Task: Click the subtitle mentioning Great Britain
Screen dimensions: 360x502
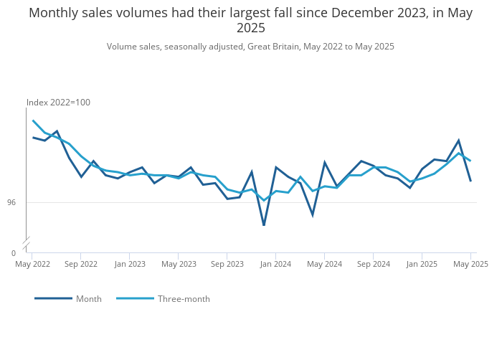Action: point(250,47)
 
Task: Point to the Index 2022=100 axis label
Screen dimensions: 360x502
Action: point(58,103)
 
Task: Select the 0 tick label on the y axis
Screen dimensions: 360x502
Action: point(13,253)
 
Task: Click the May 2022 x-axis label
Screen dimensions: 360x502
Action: point(33,264)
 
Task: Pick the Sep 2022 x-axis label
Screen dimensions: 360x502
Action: point(81,264)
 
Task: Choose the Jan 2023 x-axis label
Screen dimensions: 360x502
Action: point(130,264)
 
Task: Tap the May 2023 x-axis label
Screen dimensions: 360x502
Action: point(179,264)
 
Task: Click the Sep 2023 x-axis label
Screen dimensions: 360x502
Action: point(227,264)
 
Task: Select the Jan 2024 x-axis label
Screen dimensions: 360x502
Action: point(275,264)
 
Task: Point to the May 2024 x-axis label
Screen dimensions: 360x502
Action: point(324,264)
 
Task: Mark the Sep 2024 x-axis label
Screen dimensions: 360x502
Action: point(373,264)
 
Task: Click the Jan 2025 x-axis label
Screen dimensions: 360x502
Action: point(422,264)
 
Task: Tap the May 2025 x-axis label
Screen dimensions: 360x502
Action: point(470,264)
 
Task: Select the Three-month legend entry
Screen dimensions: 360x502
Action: point(184,299)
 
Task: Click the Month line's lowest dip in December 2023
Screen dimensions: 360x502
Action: point(264,225)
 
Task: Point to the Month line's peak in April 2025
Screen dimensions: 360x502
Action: point(458,141)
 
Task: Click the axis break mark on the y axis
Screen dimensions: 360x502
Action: point(27,242)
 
